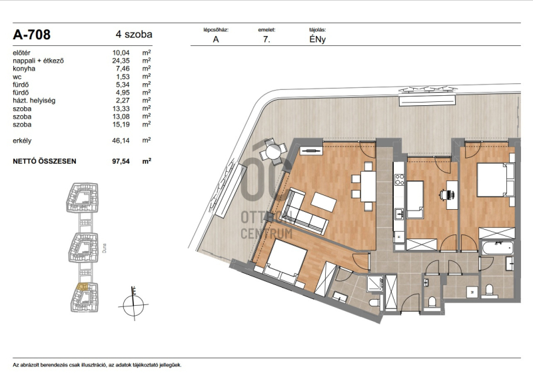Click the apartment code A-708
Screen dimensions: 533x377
[x=31, y=35]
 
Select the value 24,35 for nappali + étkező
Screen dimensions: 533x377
[x=121, y=61]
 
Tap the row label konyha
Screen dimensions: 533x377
[x=24, y=69]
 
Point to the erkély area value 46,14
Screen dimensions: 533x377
[x=121, y=141]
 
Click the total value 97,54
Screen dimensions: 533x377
[x=121, y=161]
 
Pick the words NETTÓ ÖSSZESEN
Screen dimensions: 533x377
[x=45, y=161]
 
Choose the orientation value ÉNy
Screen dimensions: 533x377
[x=318, y=39]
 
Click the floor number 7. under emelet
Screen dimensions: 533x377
[x=266, y=39]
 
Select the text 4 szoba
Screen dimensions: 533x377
[x=134, y=35]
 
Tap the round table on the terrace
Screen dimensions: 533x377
[x=273, y=151]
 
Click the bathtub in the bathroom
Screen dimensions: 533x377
[x=497, y=248]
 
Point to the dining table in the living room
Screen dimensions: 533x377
[x=368, y=187]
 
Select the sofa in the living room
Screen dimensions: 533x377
[x=302, y=212]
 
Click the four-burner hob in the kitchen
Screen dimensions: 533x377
[x=399, y=179]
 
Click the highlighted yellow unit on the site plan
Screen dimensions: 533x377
[x=82, y=287]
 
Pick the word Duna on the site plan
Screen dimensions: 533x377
[x=105, y=248]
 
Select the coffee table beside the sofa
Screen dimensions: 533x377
[x=324, y=202]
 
